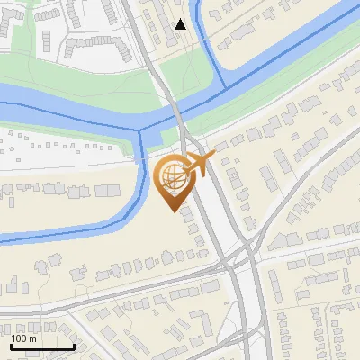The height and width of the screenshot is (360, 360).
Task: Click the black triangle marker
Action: point(181,24)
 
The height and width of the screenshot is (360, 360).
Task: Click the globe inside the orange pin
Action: point(171,175)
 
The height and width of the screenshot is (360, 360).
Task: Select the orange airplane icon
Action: point(199,164)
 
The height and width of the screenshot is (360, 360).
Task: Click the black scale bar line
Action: point(42,346)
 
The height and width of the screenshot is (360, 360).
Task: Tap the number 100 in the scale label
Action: point(20,338)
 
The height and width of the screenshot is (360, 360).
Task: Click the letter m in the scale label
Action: point(33,338)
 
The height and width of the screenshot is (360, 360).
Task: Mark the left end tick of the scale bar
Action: point(11,345)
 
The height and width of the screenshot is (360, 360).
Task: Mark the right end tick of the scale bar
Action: point(74,345)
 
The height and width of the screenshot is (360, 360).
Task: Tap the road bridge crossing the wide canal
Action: point(176,112)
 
